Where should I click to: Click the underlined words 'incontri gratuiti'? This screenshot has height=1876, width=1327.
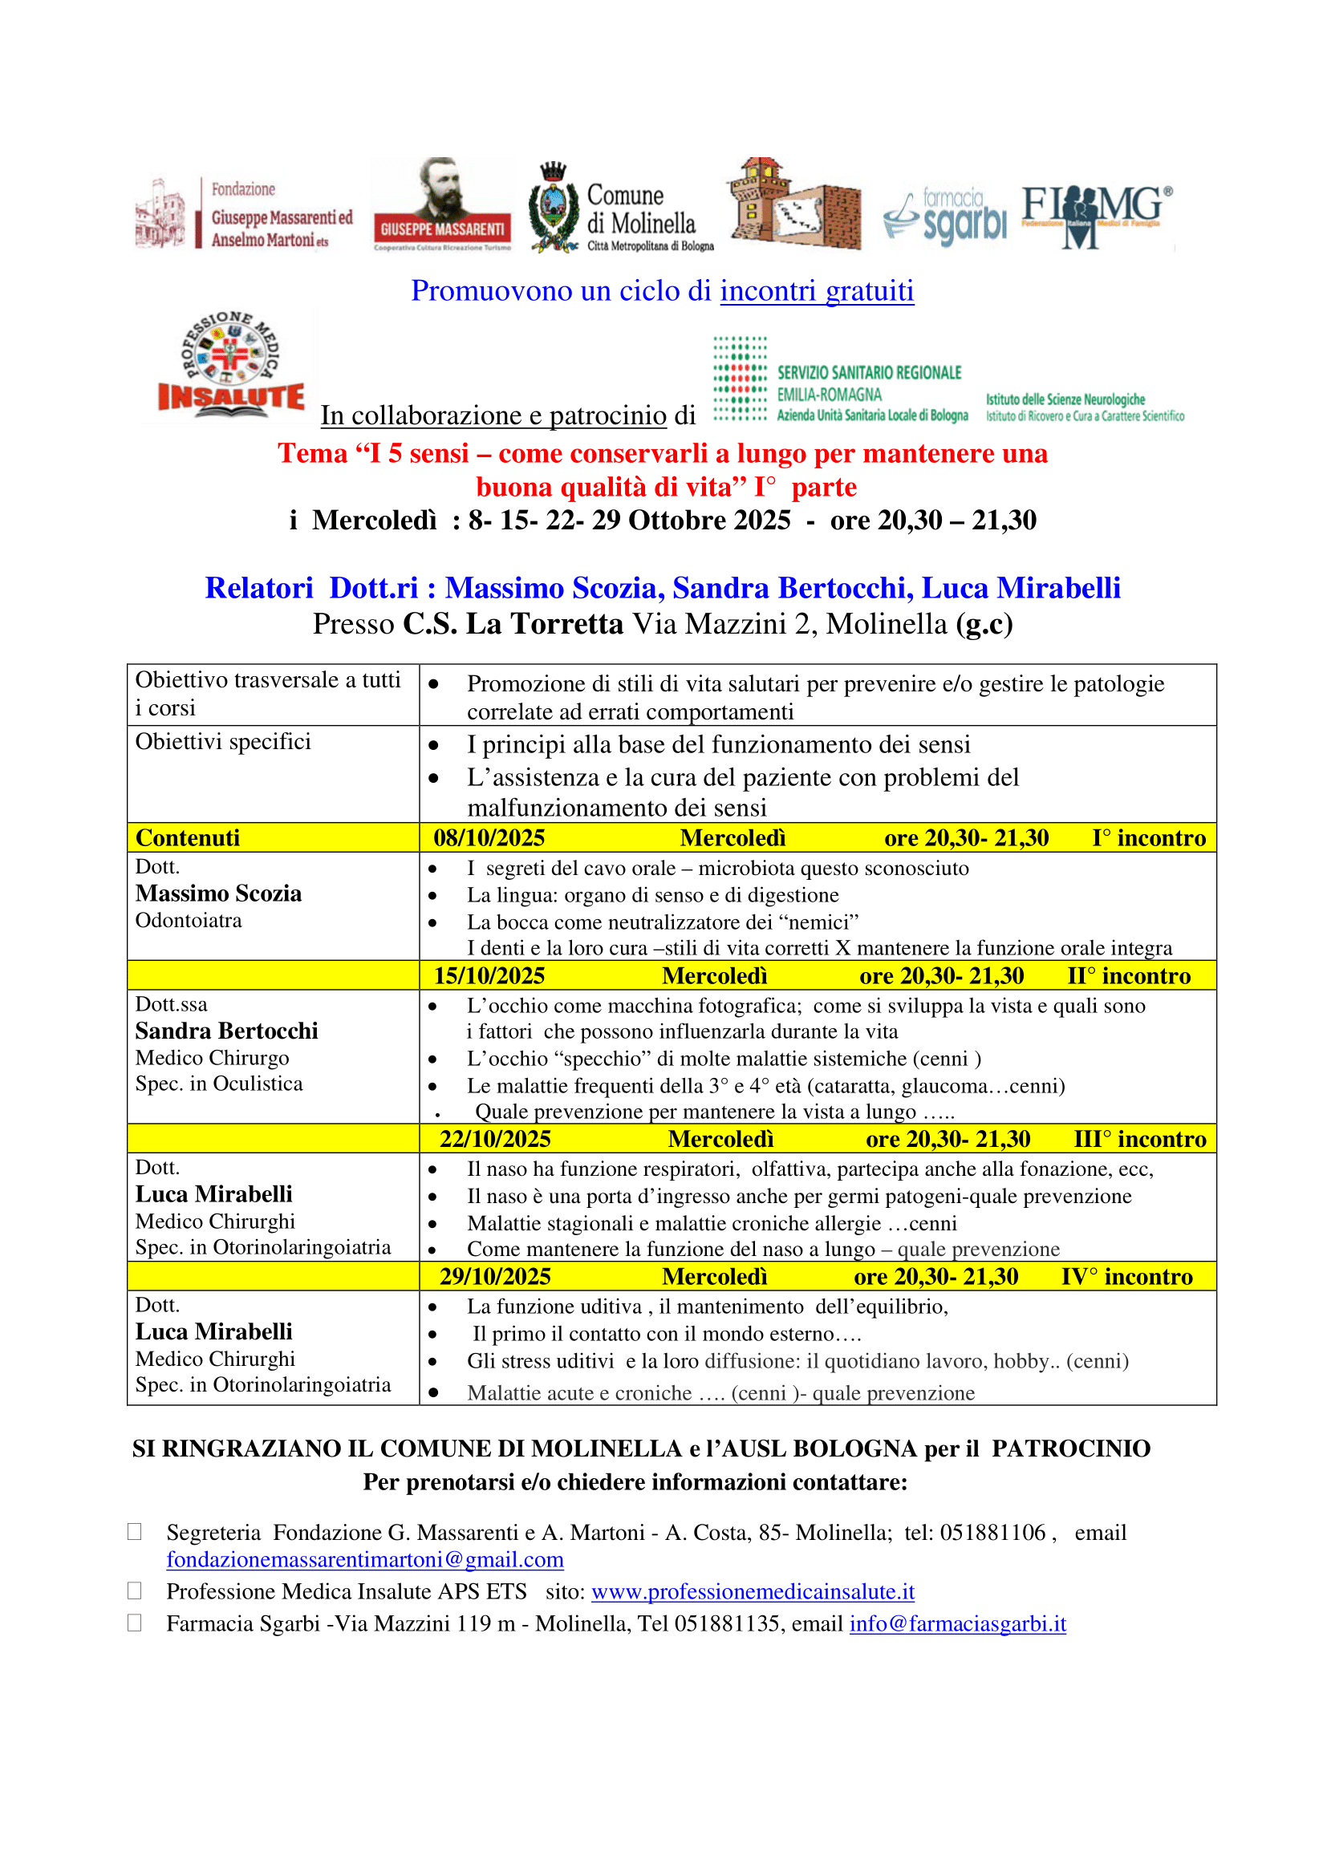816,291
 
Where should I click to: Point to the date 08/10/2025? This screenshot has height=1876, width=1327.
489,838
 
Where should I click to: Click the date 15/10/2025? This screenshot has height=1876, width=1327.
489,976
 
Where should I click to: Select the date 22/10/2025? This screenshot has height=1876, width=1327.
495,1139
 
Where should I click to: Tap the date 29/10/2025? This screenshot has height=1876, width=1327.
495,1277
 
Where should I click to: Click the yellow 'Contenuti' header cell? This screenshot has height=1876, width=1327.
188,838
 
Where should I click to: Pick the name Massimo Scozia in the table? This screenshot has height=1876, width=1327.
218,893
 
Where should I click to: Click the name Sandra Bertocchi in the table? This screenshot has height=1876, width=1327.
226,1031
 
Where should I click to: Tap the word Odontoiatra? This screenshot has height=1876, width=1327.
189,921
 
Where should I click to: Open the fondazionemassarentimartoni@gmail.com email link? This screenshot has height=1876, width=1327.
364,1560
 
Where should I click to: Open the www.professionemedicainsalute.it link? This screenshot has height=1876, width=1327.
753,1591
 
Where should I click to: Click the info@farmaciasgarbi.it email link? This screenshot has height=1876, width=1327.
958,1623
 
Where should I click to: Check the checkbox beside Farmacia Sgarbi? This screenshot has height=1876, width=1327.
135,1623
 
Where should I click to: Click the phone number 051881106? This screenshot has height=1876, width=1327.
992,1533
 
